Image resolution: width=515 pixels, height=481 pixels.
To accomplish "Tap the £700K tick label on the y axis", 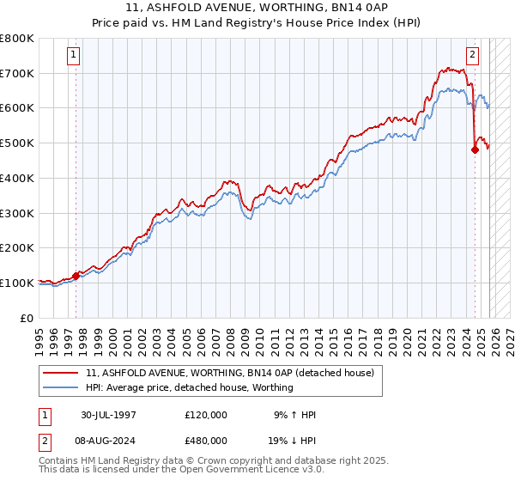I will [x=17, y=73].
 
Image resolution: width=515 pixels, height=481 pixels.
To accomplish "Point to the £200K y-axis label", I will [x=17, y=247].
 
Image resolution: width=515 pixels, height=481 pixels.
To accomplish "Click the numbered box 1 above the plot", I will [x=74, y=55].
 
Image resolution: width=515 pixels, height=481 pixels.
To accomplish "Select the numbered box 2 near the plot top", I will [x=472, y=55].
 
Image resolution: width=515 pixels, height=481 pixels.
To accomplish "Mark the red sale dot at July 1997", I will [x=76, y=276].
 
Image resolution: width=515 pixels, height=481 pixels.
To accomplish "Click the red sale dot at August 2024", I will [x=475, y=149].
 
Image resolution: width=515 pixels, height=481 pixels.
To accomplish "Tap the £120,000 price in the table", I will [x=206, y=415].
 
